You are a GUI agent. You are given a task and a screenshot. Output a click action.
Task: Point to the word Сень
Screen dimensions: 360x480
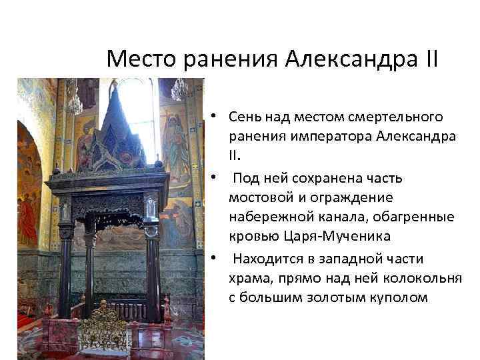coord(244,117)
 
